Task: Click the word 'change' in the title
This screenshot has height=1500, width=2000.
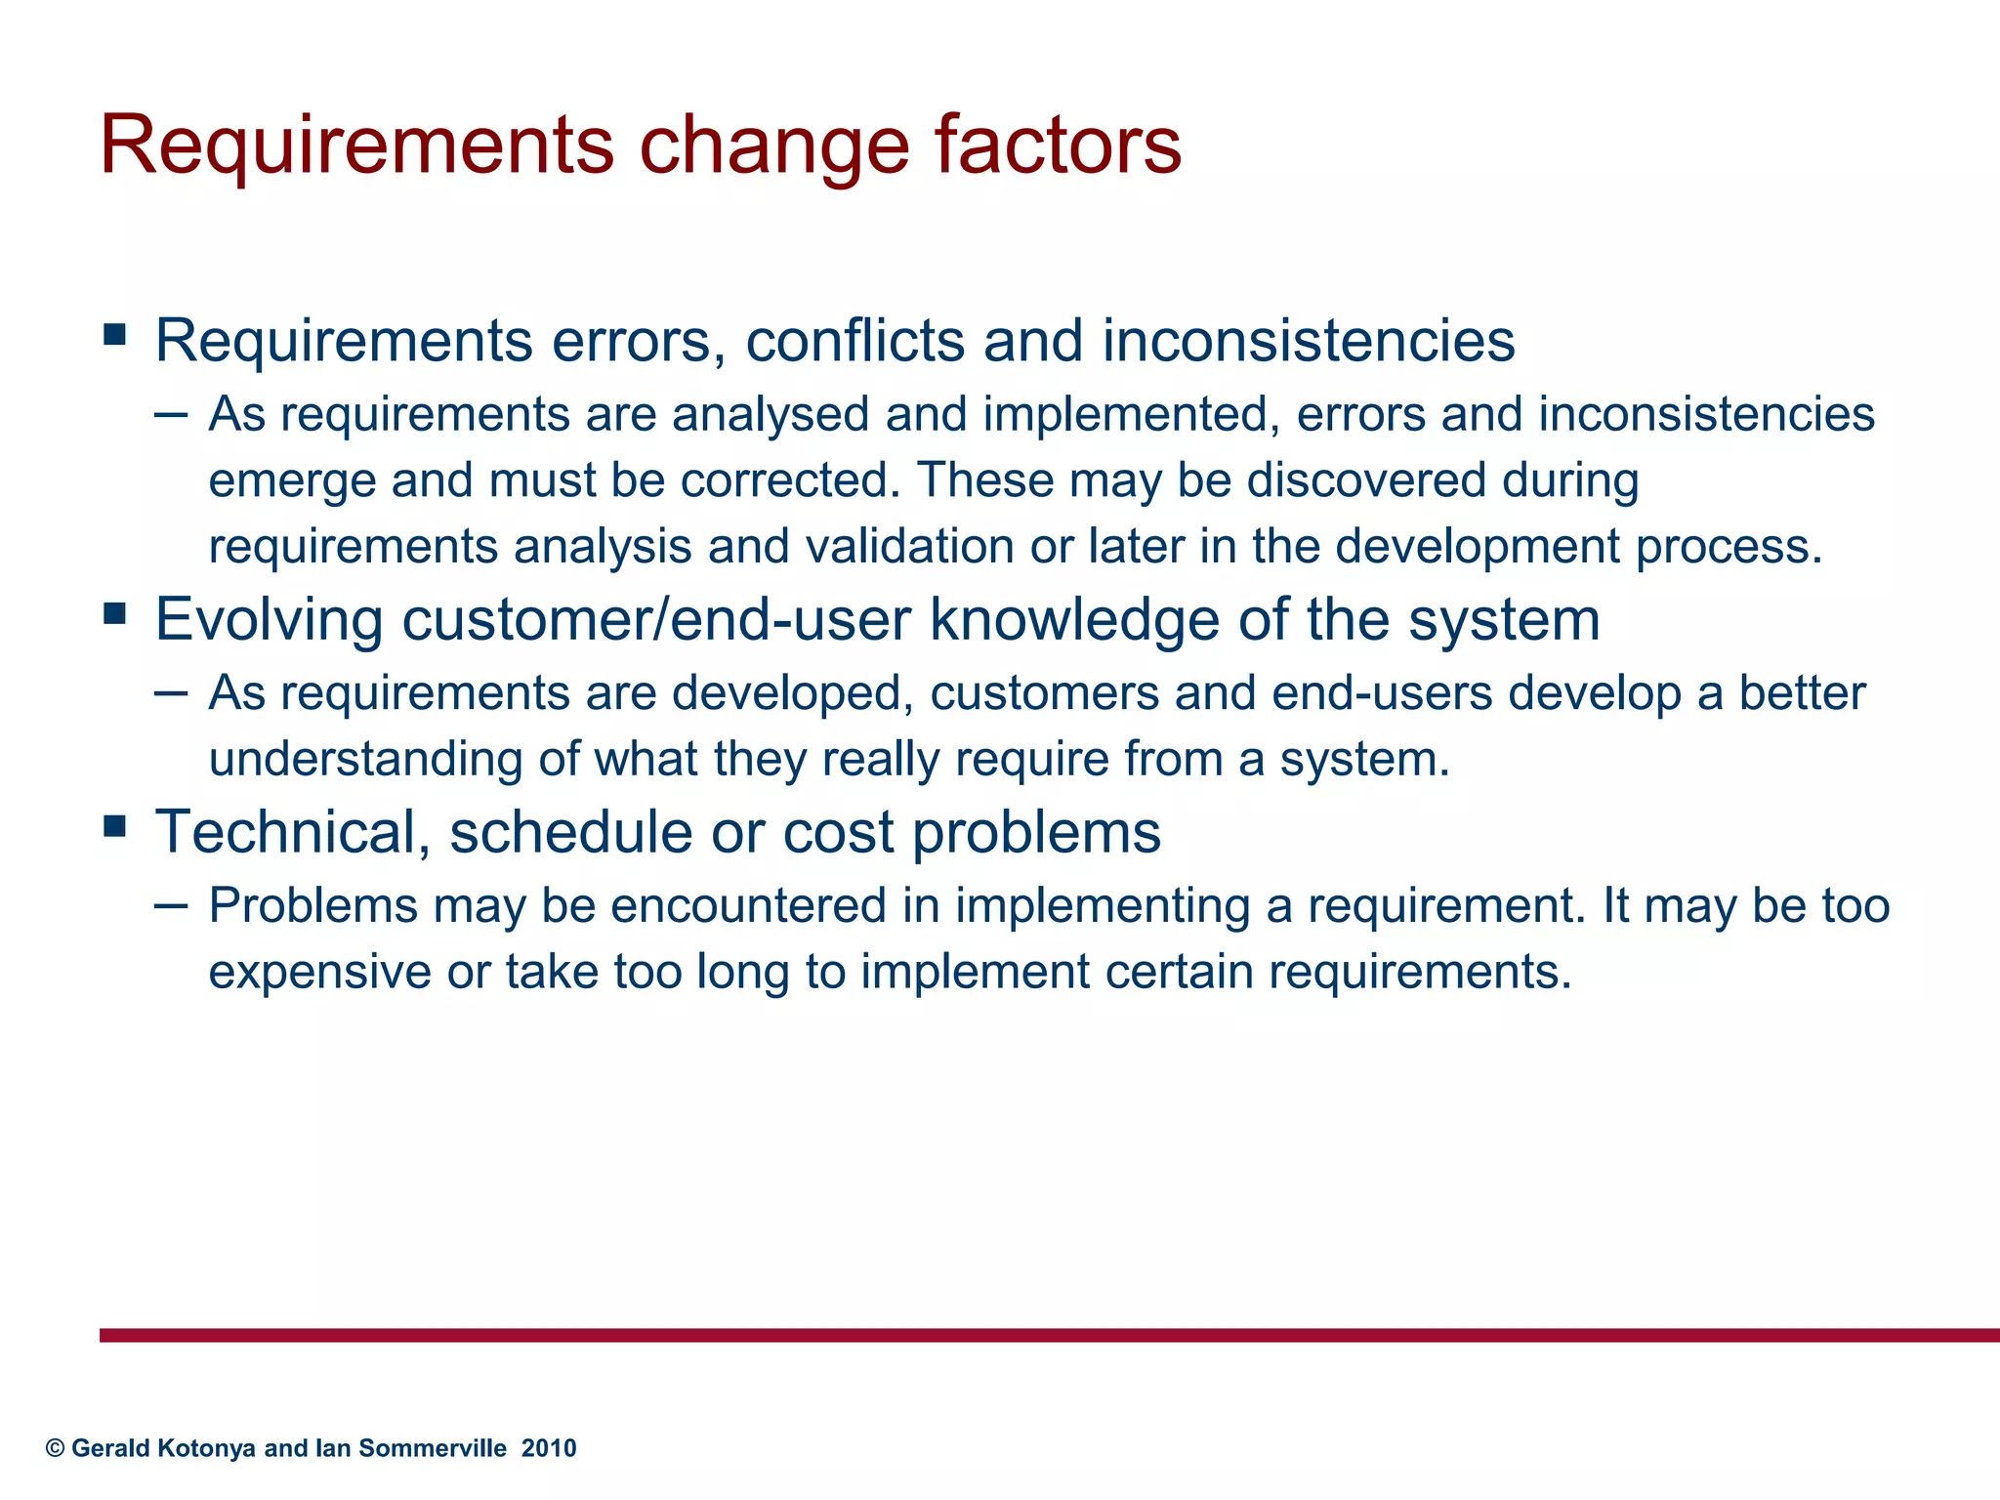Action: [774, 146]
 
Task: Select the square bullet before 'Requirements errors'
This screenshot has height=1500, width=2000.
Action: [115, 336]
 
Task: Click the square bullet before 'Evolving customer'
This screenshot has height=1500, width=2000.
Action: [115, 614]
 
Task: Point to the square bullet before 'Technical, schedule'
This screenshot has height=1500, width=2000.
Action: [115, 827]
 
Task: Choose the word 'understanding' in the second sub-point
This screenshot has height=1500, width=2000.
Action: [365, 759]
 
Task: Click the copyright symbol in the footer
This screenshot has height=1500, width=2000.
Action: [56, 1448]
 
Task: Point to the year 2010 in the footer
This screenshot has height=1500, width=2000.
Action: [549, 1448]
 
